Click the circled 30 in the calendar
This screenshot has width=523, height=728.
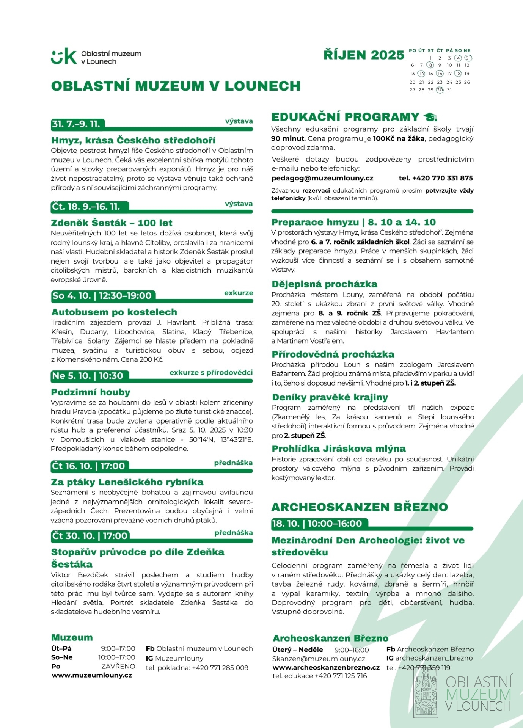[x=440, y=90]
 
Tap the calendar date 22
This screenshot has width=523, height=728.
[x=430, y=82]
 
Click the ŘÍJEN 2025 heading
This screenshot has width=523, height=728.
[x=364, y=55]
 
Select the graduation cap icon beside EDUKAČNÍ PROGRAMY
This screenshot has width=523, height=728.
[x=430, y=117]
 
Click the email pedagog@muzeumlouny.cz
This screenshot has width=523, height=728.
[x=322, y=178]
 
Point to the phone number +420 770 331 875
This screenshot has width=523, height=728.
[x=436, y=178]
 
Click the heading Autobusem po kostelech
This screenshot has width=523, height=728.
[x=114, y=312]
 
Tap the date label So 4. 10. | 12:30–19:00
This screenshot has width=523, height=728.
[x=102, y=296]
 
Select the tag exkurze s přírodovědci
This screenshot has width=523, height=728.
[x=211, y=372]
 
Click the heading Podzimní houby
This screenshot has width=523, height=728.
[x=91, y=392]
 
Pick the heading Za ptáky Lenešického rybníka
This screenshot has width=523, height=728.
[x=127, y=482]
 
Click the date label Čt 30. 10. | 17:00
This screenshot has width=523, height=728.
[x=90, y=536]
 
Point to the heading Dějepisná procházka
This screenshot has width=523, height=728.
[x=324, y=284]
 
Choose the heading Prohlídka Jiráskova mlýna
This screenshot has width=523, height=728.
[x=338, y=449]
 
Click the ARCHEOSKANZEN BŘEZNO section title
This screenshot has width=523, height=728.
[x=360, y=507]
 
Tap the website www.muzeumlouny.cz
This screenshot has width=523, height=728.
[x=92, y=675]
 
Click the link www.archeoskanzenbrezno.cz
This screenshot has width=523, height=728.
[x=326, y=667]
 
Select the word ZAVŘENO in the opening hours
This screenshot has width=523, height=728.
[x=118, y=666]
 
